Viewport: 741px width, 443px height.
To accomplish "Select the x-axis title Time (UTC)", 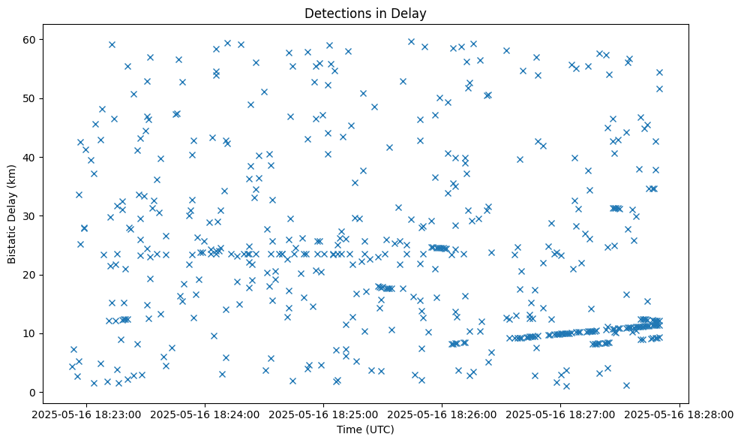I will coord(365,430).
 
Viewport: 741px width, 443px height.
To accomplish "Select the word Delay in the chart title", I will coord(412,13).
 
